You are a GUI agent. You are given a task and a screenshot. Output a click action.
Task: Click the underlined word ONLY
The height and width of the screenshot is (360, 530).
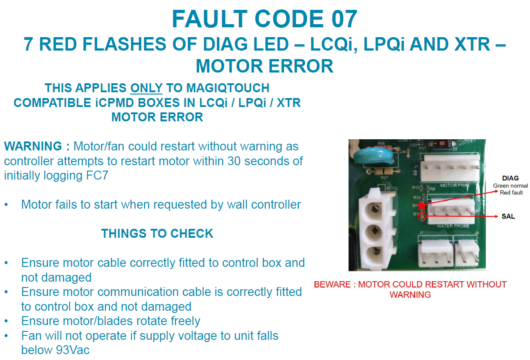point(146,88)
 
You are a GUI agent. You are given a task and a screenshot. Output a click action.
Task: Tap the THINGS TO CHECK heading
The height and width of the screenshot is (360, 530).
point(157,233)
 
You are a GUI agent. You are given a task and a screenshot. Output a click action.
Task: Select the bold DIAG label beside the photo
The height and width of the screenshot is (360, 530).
point(510,178)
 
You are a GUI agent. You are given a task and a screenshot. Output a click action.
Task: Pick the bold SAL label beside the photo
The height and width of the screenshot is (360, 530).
point(508,217)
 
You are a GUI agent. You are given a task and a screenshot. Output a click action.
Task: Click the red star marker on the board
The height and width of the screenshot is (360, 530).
point(421,206)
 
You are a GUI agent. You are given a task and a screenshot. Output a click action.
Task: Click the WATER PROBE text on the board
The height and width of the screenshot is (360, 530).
point(452,226)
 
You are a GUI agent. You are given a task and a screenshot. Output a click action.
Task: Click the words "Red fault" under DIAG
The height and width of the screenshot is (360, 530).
point(510,193)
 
